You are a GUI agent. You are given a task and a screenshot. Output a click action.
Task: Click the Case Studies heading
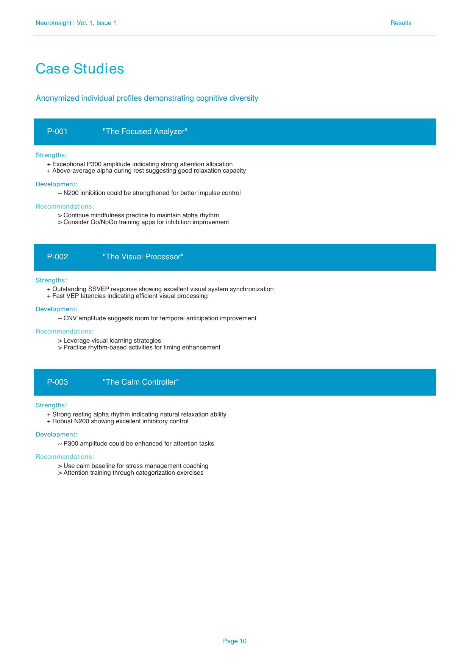click(x=80, y=69)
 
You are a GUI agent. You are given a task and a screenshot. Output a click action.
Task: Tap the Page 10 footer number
click(x=234, y=641)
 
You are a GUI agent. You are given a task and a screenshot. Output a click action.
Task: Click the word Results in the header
click(x=401, y=23)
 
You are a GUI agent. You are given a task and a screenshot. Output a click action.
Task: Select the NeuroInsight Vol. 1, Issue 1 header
click(x=76, y=23)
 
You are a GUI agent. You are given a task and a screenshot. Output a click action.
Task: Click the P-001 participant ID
click(x=57, y=131)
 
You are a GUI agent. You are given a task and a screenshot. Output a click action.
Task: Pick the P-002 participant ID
click(x=57, y=257)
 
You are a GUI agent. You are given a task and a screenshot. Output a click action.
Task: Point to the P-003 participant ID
click(x=57, y=382)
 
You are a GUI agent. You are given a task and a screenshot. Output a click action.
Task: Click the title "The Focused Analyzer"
click(x=145, y=131)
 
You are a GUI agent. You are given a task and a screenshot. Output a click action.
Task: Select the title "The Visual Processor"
click(x=143, y=257)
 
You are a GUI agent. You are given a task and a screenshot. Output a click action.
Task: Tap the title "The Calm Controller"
click(x=141, y=382)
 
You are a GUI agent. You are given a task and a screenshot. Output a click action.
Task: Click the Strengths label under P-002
click(x=51, y=280)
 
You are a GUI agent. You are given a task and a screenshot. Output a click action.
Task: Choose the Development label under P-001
click(x=56, y=184)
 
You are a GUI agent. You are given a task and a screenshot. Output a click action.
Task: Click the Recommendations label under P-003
click(x=65, y=457)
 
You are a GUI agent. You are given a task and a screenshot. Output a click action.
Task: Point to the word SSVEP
click(x=98, y=289)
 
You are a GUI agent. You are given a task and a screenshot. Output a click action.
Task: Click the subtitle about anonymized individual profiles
click(x=147, y=98)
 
